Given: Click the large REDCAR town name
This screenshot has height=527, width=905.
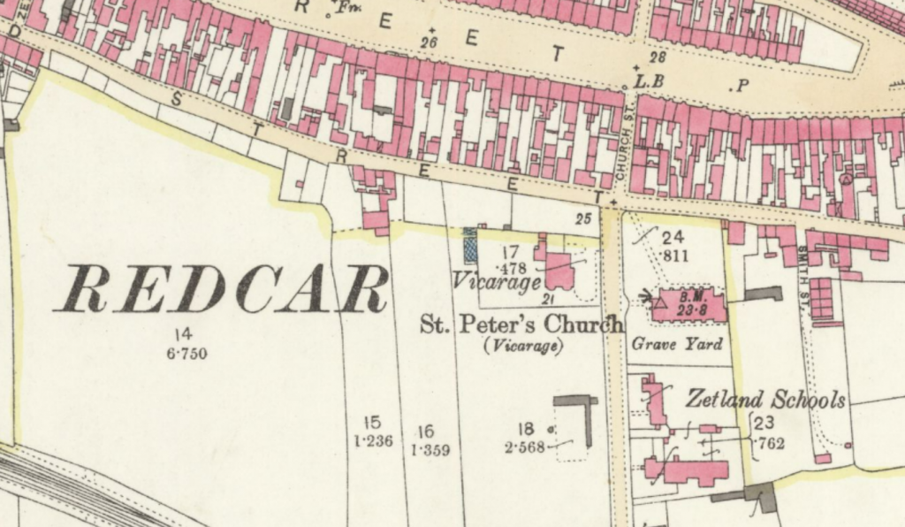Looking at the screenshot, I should coord(221,289).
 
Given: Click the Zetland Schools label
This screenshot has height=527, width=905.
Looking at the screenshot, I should coord(766,400).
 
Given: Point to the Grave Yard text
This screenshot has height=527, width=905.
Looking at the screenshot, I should coord(676,345).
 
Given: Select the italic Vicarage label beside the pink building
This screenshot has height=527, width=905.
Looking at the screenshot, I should coord(496,282).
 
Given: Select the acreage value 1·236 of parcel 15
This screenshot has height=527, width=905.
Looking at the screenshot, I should coord(372,441).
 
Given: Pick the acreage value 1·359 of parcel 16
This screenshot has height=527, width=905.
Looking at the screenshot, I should coord(430,450).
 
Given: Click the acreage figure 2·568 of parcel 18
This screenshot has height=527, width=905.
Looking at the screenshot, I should coord(525,447).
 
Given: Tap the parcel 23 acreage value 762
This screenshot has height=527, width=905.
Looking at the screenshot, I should coord(771,444).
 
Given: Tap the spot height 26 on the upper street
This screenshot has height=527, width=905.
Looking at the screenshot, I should coord(430,42).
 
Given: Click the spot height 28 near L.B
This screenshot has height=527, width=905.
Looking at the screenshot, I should coord(658,57).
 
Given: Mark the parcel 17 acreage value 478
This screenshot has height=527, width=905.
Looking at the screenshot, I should coord(513,268).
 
